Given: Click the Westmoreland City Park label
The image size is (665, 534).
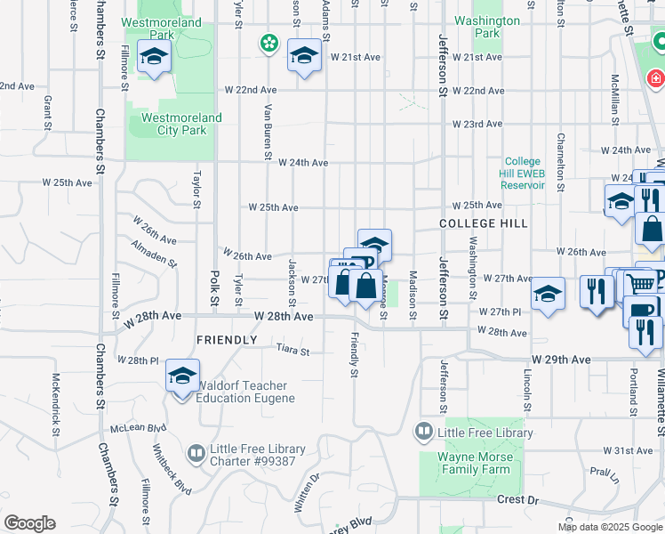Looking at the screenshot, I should click(176, 124).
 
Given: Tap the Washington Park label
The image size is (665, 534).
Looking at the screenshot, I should click(486, 27).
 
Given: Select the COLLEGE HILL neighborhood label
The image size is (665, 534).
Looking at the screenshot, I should click(484, 223).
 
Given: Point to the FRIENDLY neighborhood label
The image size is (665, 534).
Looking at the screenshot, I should click(226, 340).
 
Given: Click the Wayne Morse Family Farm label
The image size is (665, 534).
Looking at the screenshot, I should click(475, 463).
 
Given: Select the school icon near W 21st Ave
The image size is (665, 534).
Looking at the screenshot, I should click(304, 57).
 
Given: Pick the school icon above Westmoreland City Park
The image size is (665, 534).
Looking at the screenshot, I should click(155, 58).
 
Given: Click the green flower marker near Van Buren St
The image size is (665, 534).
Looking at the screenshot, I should click(268, 43).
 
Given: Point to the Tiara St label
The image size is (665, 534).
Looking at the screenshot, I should click(292, 352).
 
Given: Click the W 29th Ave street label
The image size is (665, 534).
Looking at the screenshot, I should click(561, 360).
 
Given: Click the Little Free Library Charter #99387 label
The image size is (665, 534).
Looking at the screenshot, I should click(257, 455).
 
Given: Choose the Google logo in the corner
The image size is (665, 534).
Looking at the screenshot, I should click(29, 523).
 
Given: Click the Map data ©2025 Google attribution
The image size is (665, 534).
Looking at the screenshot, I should click(610, 527).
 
